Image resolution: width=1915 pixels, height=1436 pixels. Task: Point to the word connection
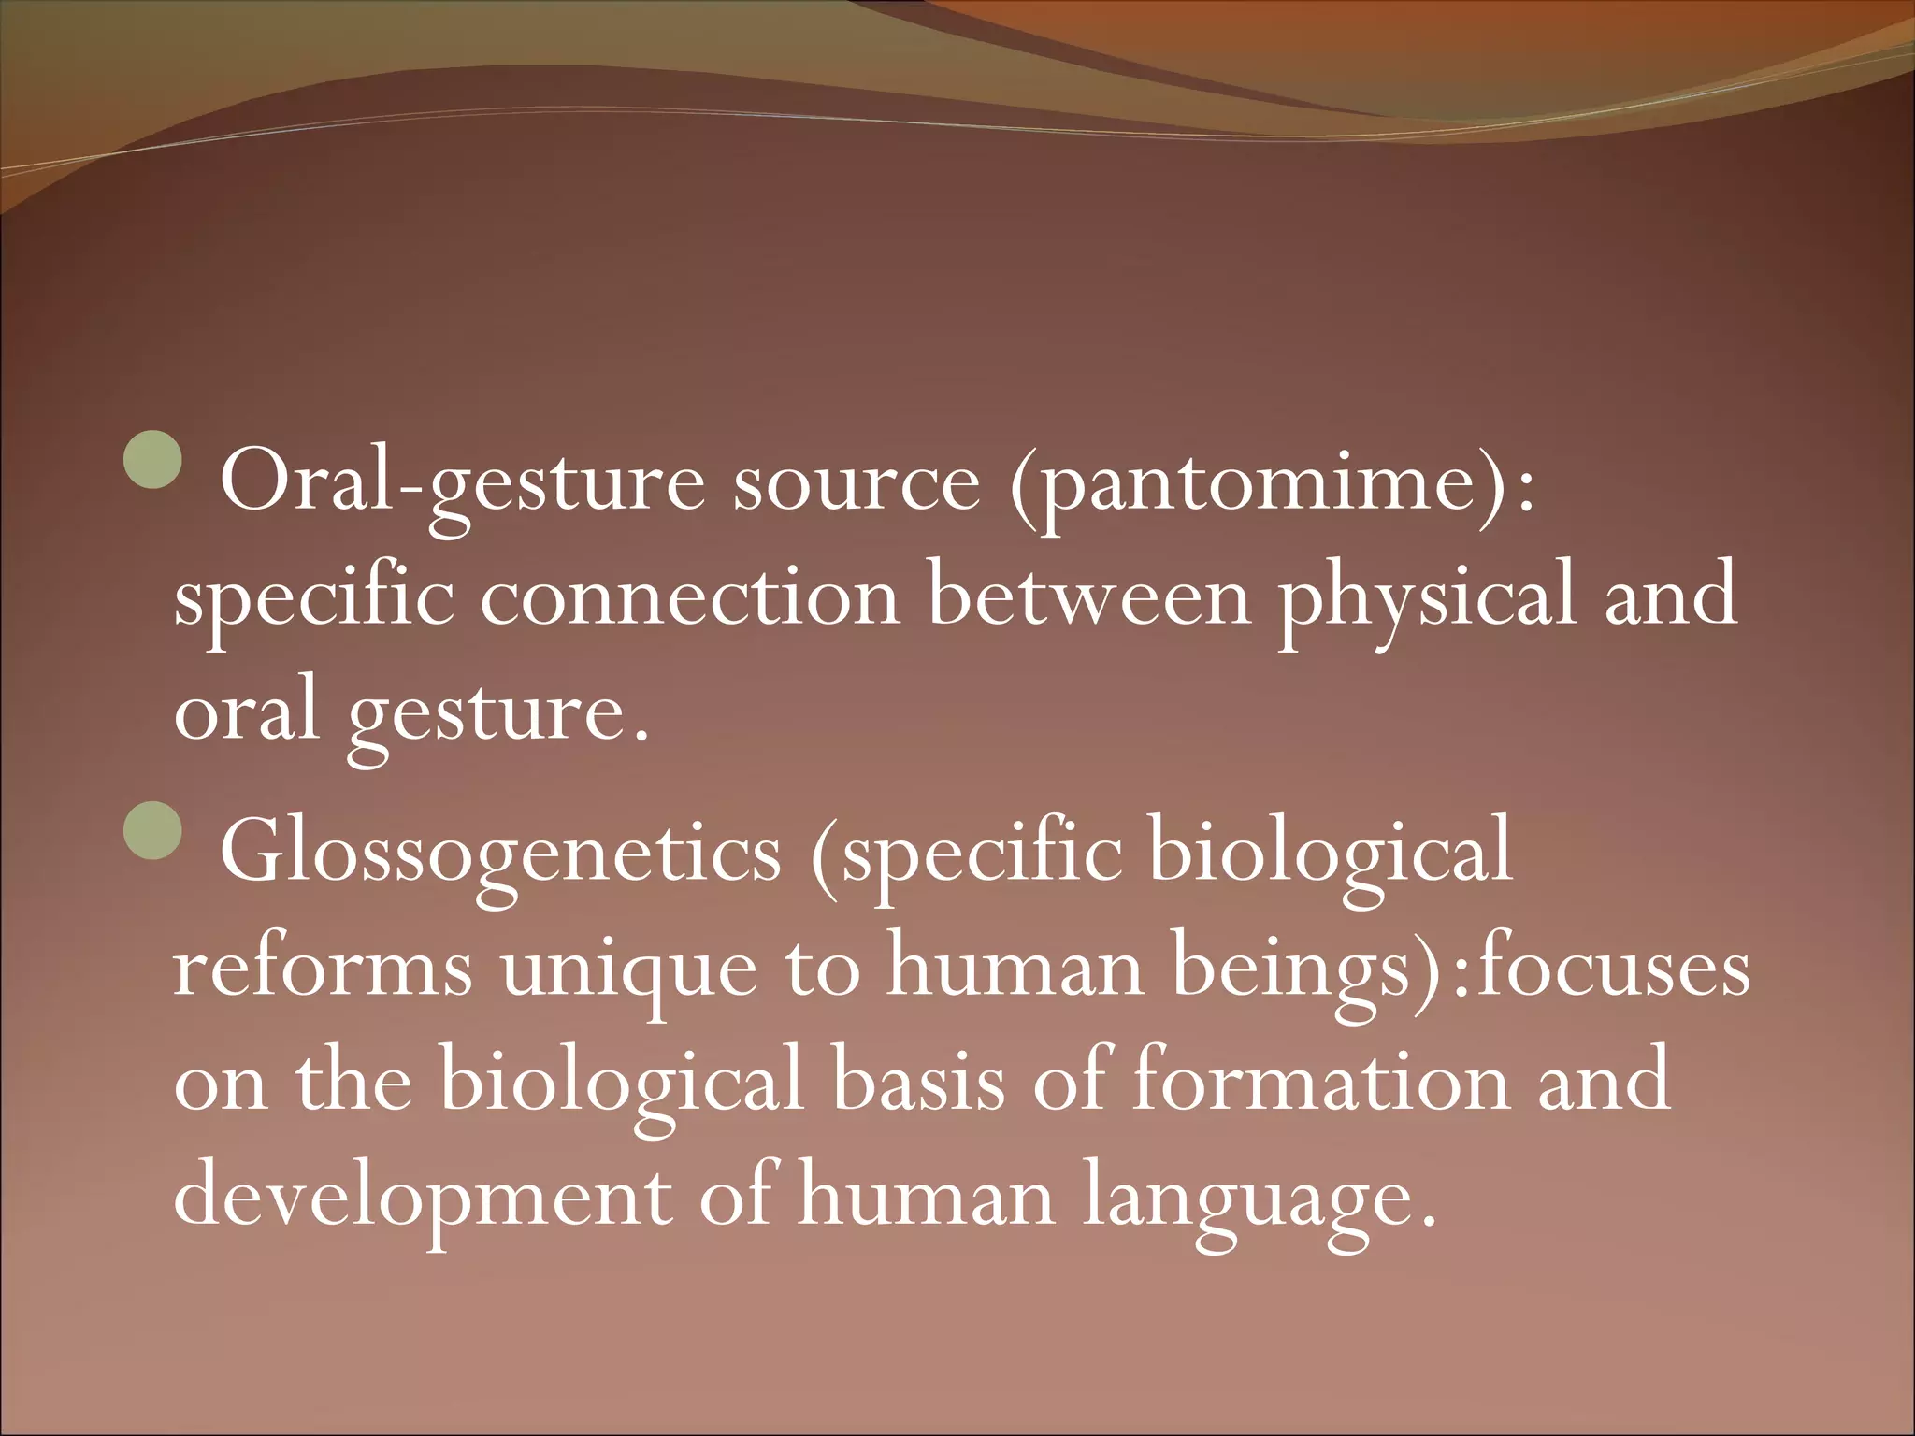tap(690, 598)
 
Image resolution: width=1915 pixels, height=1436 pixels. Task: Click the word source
tap(857, 486)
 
